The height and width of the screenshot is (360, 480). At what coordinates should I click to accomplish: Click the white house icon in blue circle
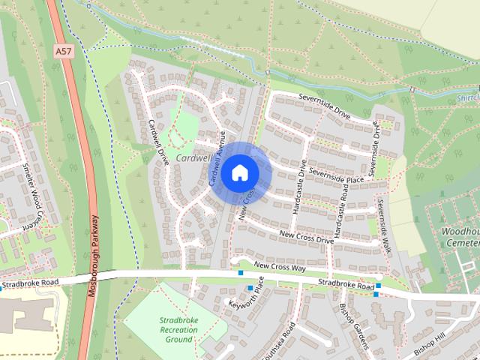(240, 173)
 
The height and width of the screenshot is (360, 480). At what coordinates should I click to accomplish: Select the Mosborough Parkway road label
(93, 255)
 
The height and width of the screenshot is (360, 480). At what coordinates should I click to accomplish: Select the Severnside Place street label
(336, 175)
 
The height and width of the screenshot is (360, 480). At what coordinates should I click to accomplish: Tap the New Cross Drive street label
(306, 238)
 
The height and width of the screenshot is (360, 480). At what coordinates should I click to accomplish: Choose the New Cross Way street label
(280, 265)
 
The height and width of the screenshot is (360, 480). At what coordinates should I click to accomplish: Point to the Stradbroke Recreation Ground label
(178, 330)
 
